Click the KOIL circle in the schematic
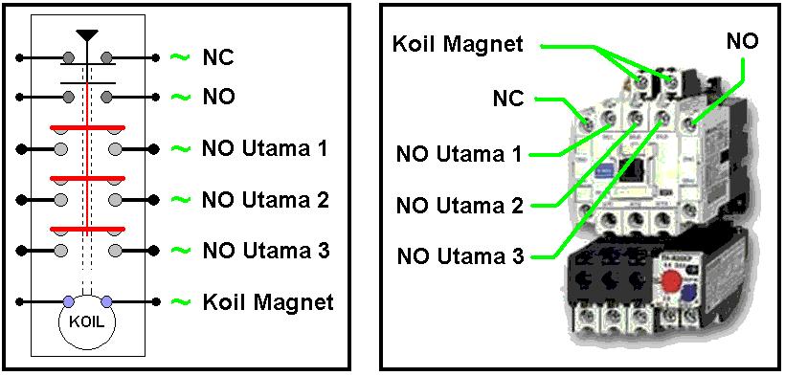click(87, 321)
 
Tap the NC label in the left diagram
click(217, 57)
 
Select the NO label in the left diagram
click(218, 97)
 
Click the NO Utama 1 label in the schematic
click(265, 149)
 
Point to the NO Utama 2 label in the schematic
click(265, 200)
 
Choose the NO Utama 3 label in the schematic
click(265, 251)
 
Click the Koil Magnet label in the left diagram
click(268, 302)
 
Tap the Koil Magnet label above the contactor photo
click(458, 43)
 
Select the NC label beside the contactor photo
click(507, 98)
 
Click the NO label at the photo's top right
click(742, 41)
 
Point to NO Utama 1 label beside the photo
click(460, 154)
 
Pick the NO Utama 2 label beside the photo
click(460, 205)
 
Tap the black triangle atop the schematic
click(87, 36)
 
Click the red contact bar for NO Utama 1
click(87, 128)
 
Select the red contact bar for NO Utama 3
click(87, 229)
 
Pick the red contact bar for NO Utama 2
click(87, 178)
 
